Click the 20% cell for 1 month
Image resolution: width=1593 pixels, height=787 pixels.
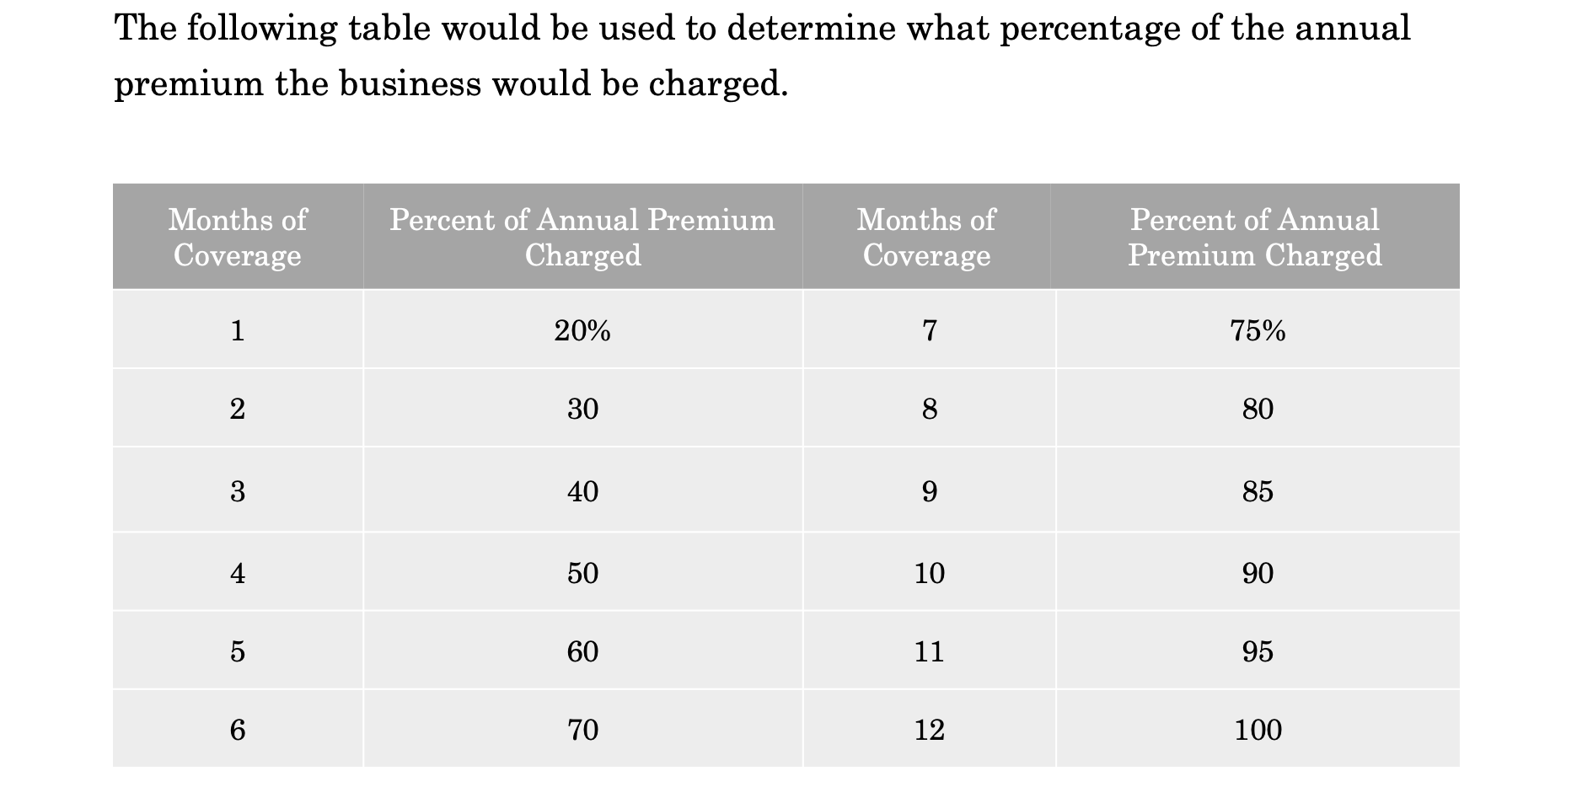[582, 331]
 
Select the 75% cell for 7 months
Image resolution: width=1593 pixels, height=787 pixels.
[1257, 331]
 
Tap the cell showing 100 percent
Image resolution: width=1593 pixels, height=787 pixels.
[1258, 730]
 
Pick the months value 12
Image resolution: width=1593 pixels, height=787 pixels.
[929, 730]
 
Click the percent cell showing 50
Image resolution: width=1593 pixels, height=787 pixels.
[582, 574]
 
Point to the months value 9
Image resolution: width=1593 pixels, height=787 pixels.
[929, 491]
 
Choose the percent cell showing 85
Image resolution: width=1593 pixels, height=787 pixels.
[1258, 491]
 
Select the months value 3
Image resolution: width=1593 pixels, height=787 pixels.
[238, 491]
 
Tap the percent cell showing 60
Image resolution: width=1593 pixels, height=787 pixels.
[582, 652]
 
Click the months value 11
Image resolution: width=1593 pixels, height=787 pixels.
[929, 652]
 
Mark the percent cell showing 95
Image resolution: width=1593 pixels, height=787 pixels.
[1258, 652]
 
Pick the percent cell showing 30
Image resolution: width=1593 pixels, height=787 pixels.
[582, 410]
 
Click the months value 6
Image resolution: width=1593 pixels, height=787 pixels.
[238, 730]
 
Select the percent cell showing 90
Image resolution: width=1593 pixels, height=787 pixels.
[1258, 574]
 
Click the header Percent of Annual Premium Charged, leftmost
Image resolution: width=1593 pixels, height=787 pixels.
[582, 237]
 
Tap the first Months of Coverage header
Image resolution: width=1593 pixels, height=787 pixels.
[238, 237]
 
